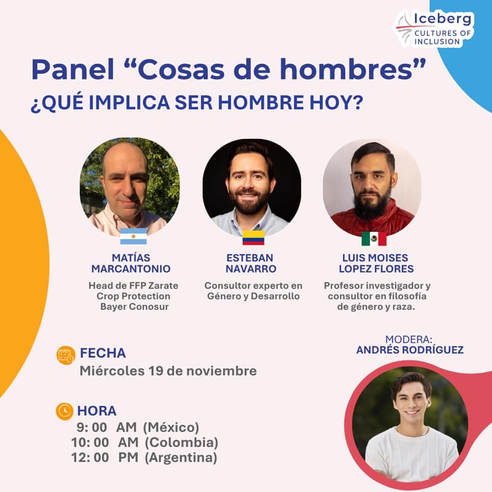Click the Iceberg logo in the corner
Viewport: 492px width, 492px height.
434,28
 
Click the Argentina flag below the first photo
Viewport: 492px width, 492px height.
133,236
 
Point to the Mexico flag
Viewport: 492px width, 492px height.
374,239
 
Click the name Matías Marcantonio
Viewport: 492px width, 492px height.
130,263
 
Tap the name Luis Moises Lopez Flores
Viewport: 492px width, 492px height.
374,263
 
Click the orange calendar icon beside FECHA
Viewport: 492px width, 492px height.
65,355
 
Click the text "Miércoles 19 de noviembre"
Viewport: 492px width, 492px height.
168,371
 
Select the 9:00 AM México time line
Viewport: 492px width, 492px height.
138,427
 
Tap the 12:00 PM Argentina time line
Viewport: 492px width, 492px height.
143,458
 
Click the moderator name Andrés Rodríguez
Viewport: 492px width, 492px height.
410,350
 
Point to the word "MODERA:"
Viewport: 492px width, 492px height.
410,339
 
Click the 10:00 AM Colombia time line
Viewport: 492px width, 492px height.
145,442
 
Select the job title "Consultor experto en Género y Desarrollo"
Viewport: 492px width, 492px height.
253,291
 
